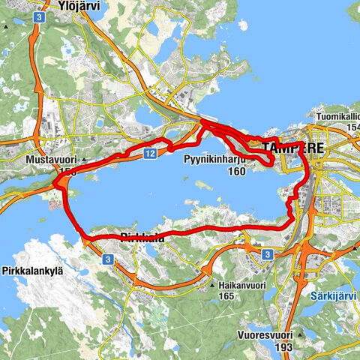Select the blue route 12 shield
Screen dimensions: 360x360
coord(150,153)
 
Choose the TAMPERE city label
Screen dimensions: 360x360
coord(294,148)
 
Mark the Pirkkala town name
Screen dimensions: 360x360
coord(140,238)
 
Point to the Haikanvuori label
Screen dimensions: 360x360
coord(245,286)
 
